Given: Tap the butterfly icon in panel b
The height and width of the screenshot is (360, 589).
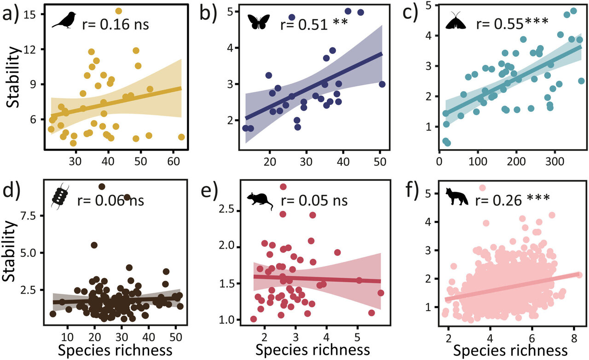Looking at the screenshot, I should click(x=260, y=22).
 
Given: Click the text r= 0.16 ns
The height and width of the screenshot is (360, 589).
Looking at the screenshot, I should click(x=115, y=24).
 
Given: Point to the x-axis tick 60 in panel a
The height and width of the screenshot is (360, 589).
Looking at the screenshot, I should click(x=173, y=161).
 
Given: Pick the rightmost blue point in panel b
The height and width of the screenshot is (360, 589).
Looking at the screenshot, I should click(x=381, y=84).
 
